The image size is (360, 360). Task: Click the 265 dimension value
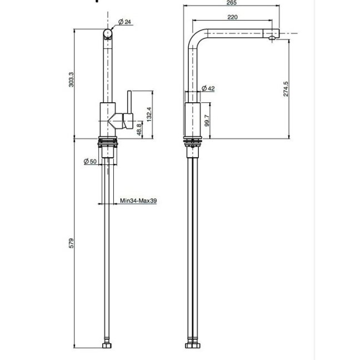pyautogui.click(x=232, y=3)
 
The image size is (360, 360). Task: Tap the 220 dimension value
pyautogui.click(x=232, y=17)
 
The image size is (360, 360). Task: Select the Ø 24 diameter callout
pyautogui.click(x=124, y=22)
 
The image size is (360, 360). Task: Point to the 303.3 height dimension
pyautogui.click(x=72, y=79)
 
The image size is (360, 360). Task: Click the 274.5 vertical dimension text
pyautogui.click(x=286, y=89)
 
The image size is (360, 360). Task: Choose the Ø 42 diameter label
pyautogui.click(x=208, y=88)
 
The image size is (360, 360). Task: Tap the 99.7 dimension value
pyautogui.click(x=207, y=121)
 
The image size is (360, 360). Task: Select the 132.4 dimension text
pyautogui.click(x=149, y=114)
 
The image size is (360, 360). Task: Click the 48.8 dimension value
pyautogui.click(x=139, y=129)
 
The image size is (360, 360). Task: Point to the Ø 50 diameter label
pyautogui.click(x=90, y=162)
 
